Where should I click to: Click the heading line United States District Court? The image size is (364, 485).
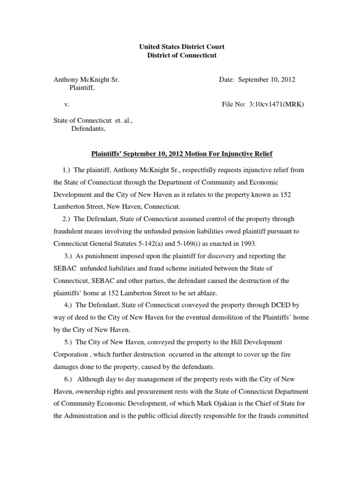(x=182, y=47)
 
